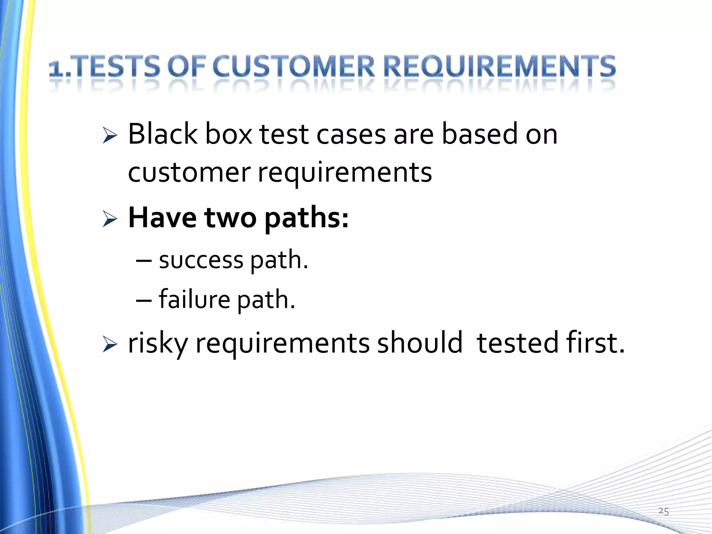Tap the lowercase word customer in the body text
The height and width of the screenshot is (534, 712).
(x=189, y=173)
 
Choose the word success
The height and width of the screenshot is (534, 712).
(x=201, y=260)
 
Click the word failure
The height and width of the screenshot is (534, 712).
(x=194, y=299)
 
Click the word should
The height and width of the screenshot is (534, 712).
(x=420, y=343)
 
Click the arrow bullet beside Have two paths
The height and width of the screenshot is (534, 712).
(x=110, y=220)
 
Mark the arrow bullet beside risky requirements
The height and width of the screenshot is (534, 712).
(x=110, y=345)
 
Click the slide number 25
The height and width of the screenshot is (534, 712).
(x=663, y=511)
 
